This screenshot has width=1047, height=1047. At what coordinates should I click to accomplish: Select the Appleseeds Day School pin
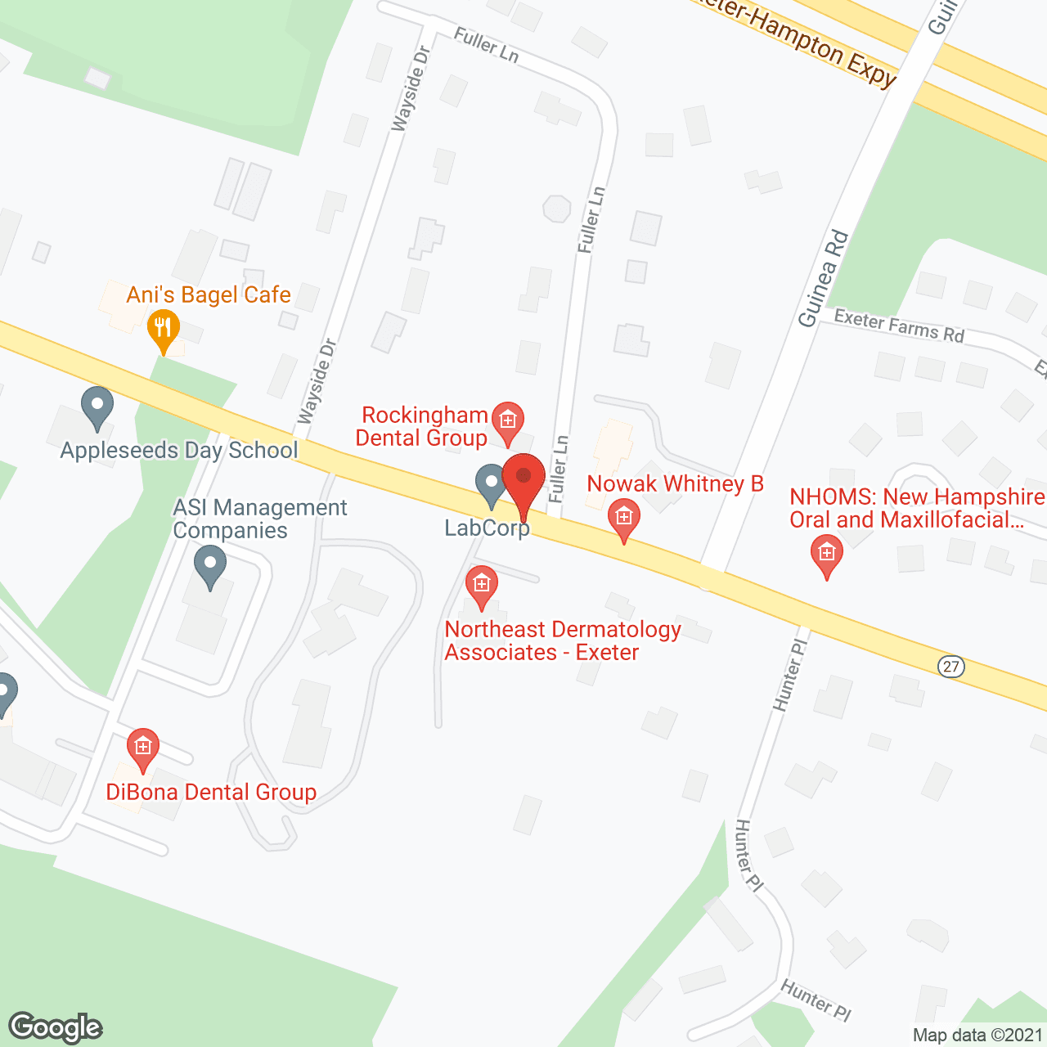tap(97, 407)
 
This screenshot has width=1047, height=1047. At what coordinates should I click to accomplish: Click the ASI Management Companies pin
tap(210, 565)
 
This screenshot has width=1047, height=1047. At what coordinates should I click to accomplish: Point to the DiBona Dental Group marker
tap(143, 748)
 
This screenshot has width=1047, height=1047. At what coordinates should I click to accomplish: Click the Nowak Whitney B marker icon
tap(623, 519)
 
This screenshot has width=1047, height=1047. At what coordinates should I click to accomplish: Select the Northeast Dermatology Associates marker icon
tap(481, 586)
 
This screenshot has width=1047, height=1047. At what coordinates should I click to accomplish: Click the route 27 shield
tap(950, 667)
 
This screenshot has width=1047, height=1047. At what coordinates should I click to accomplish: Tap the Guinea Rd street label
tap(823, 279)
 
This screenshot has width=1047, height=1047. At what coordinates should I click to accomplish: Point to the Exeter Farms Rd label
tap(899, 326)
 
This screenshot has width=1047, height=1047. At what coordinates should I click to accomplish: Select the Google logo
tap(56, 1027)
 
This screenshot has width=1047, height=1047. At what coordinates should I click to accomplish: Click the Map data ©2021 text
tap(977, 1035)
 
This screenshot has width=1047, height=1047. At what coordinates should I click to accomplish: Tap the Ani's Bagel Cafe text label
tap(209, 294)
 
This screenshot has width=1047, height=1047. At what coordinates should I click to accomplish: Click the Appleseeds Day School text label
tap(179, 450)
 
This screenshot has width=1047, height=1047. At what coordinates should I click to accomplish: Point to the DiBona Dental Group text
tap(211, 792)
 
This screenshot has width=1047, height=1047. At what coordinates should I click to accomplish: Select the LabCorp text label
tap(487, 528)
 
